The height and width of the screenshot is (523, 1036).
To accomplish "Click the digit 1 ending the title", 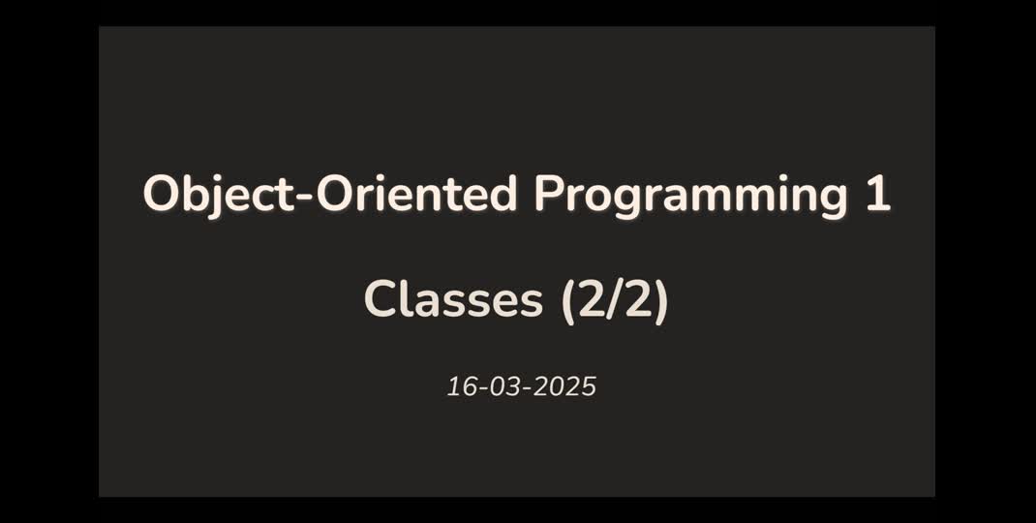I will (x=877, y=195).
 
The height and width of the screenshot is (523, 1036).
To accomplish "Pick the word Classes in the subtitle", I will (x=453, y=299).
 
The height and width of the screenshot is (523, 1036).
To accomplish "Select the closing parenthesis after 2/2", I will (x=660, y=300).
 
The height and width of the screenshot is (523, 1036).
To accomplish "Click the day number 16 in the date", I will (x=459, y=387).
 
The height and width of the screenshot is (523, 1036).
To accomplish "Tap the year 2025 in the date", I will (x=565, y=387).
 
